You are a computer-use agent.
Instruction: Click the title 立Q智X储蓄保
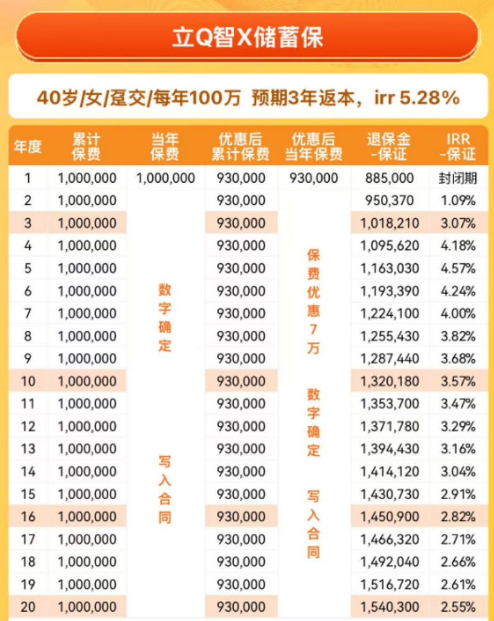(x=247, y=38)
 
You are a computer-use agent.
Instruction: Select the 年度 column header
(x=27, y=147)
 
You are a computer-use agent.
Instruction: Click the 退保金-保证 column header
(x=389, y=147)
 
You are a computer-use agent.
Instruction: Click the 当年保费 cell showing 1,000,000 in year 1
(x=165, y=178)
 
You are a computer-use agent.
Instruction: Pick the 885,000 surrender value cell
(x=390, y=178)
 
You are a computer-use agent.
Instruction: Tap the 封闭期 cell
(x=457, y=178)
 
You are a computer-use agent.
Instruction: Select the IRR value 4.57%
(x=457, y=269)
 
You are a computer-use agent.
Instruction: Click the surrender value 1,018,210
(x=390, y=223)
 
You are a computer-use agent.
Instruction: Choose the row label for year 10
(x=27, y=381)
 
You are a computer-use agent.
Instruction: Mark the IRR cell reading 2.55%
(x=457, y=607)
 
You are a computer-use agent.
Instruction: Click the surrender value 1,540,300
(x=390, y=607)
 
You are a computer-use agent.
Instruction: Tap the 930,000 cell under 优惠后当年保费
(x=314, y=178)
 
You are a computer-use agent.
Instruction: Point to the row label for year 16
(x=27, y=517)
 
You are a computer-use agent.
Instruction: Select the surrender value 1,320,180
(x=390, y=381)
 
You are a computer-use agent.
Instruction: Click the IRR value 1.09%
(x=457, y=201)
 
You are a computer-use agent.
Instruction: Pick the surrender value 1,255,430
(x=390, y=336)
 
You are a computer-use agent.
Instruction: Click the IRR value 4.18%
(x=457, y=246)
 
